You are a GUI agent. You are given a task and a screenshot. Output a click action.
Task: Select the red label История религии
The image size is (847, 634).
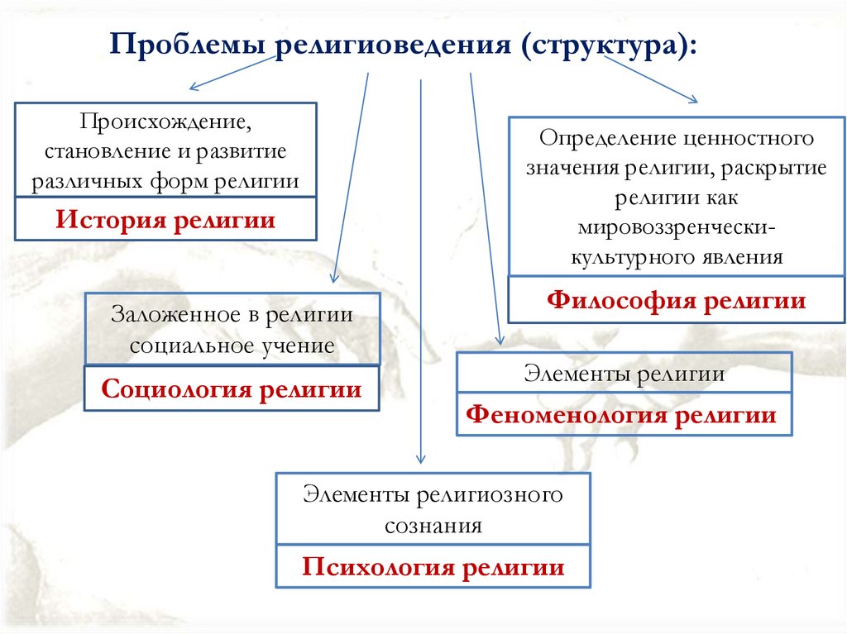165,221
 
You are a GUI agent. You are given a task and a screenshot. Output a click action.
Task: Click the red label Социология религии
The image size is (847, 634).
232,389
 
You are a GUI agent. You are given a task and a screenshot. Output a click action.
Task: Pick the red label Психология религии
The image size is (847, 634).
433,567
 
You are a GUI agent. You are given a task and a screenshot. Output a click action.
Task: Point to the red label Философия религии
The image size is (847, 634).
676,300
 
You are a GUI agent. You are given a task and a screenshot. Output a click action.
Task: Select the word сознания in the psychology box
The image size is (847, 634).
433,526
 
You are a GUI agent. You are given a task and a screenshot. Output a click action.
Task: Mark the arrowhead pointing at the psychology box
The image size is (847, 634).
421,460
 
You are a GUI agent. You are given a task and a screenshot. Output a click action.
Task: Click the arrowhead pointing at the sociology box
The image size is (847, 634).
333,279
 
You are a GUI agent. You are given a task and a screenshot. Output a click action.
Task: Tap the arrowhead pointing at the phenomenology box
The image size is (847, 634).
500,339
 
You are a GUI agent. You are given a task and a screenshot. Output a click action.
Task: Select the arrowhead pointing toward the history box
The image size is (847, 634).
194,88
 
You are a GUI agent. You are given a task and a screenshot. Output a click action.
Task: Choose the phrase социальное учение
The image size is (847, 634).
232,346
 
